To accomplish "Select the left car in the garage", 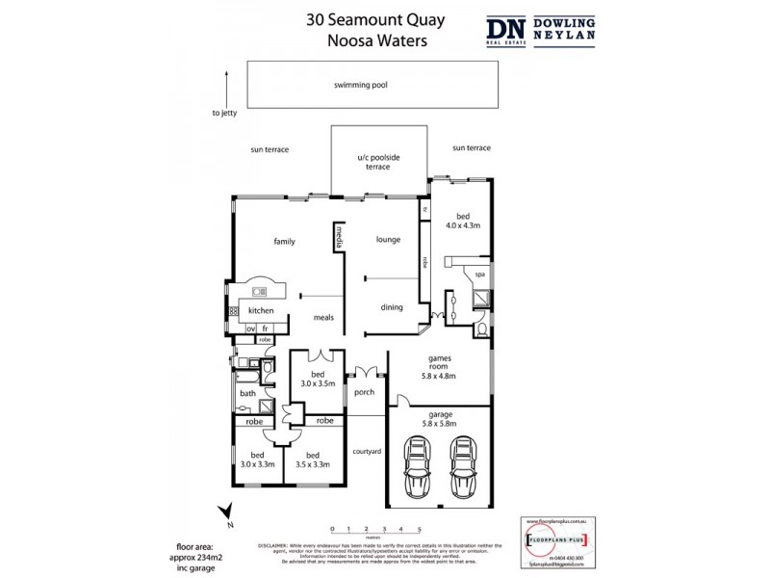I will tap(419, 467).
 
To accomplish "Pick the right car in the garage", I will tap(464, 467).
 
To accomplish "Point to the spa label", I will tap(480, 275).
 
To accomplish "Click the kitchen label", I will tap(261, 310).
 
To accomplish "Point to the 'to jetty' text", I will tap(224, 113).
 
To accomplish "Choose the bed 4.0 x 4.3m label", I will tap(462, 221).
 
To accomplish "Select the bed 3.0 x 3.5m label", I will tap(317, 379).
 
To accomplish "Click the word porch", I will tap(365, 392).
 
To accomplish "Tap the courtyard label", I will tap(368, 451).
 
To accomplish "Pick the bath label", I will tap(247, 394).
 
